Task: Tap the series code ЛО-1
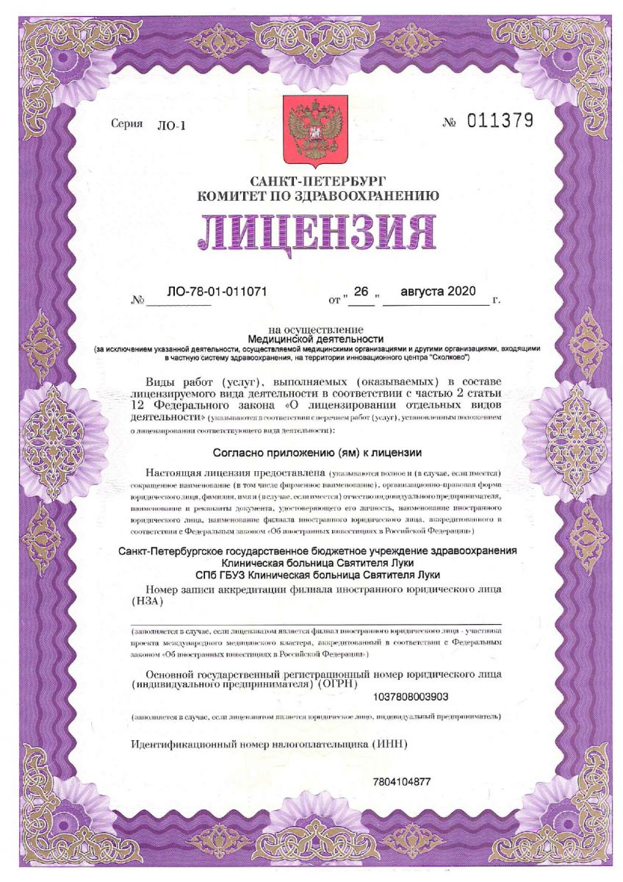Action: pos(172,126)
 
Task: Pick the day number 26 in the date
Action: pos(360,292)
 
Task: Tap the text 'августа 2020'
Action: pos(439,292)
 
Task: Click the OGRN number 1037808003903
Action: pos(411,696)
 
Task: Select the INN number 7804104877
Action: pos(402,781)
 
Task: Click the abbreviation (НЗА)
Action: pos(147,600)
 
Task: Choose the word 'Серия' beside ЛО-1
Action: pos(126,124)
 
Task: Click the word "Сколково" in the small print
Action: pos(444,357)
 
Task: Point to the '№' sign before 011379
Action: pos(450,123)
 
